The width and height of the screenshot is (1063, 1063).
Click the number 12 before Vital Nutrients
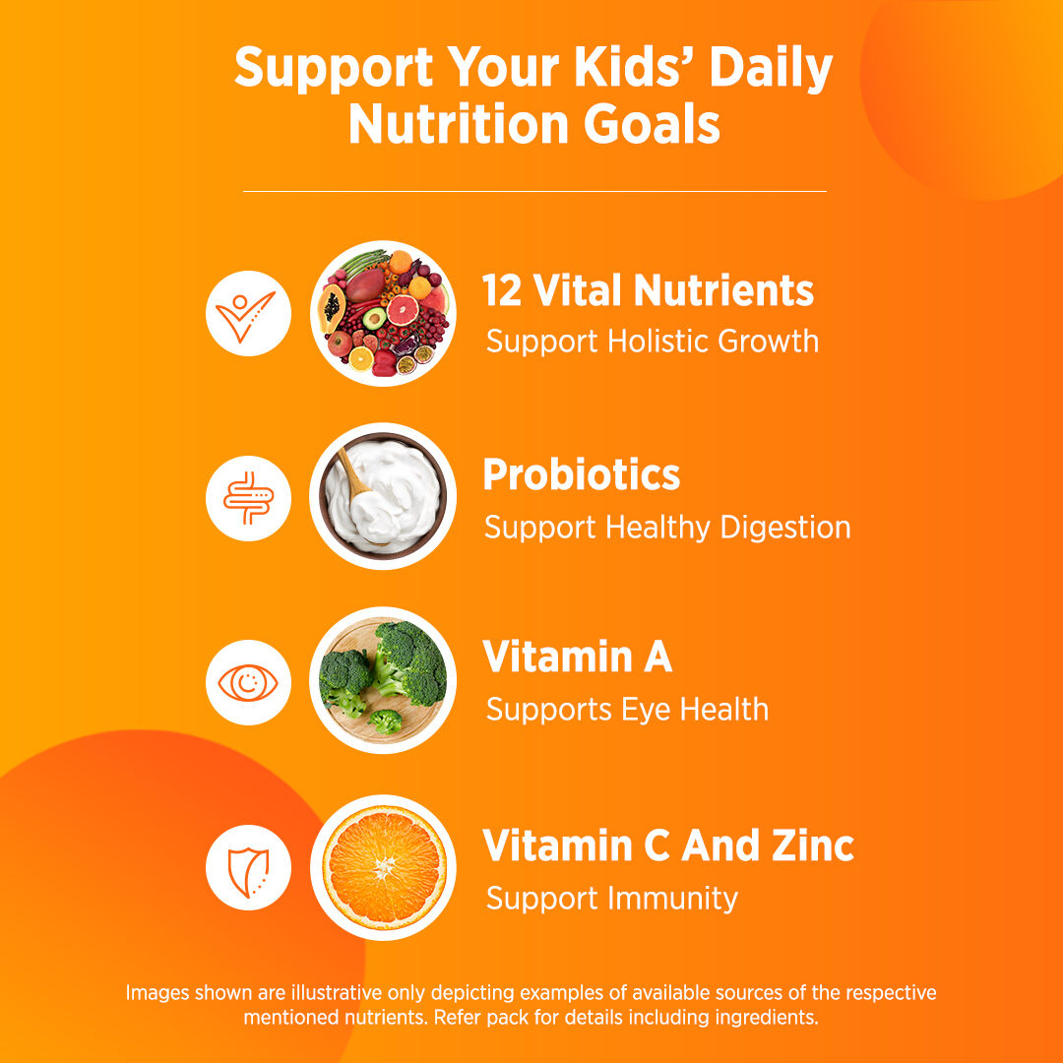coord(501,290)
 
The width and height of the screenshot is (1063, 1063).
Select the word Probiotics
coord(581,475)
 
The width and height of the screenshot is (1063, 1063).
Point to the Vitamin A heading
coord(577,657)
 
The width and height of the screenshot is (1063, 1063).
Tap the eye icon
coord(248,682)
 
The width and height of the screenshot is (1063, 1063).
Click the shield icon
coord(248,867)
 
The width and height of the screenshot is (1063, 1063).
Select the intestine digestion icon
coord(248,498)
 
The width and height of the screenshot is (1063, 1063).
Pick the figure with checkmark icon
coord(248,313)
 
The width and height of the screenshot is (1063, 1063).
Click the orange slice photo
coord(384,867)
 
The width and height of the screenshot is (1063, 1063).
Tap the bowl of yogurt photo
coord(384,496)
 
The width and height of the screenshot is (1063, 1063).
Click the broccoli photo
coord(384,680)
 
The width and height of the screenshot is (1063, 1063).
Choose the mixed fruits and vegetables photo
coord(384,313)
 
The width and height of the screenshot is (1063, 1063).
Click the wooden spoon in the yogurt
coord(351,472)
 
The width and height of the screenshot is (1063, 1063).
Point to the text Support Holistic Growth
coord(652,342)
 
